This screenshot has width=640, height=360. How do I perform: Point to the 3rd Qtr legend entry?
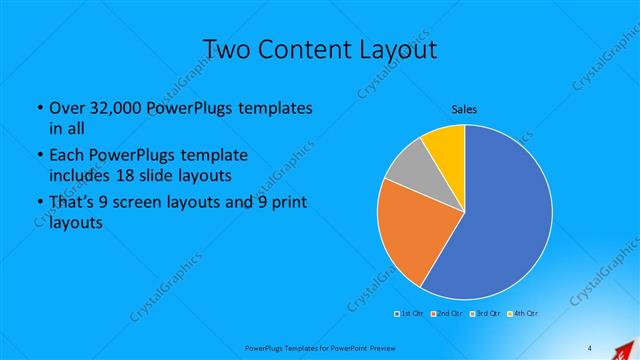[x=487, y=314]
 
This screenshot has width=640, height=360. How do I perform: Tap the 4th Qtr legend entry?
[x=525, y=314]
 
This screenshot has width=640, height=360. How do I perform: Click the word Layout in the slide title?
[x=400, y=48]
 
